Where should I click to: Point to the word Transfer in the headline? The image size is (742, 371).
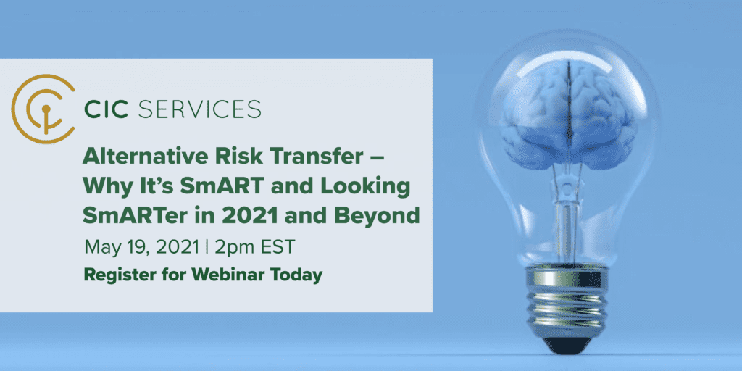click(312, 157)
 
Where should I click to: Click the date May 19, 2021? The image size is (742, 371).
click(142, 248)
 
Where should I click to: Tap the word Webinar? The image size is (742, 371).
click(222, 274)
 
